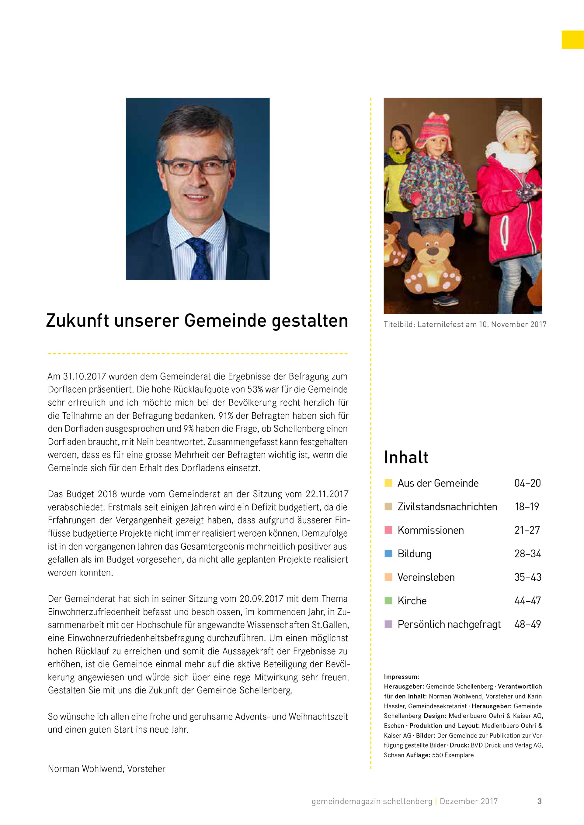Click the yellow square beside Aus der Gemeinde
(388, 483)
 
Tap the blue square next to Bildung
(388, 553)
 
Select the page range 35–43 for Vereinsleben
(527, 577)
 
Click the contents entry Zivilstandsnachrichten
(447, 507)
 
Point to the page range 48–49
(527, 624)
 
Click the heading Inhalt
(406, 457)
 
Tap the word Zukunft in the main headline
(77, 321)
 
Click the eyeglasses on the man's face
(196, 167)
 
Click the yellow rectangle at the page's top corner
(572, 40)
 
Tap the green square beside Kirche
(388, 600)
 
